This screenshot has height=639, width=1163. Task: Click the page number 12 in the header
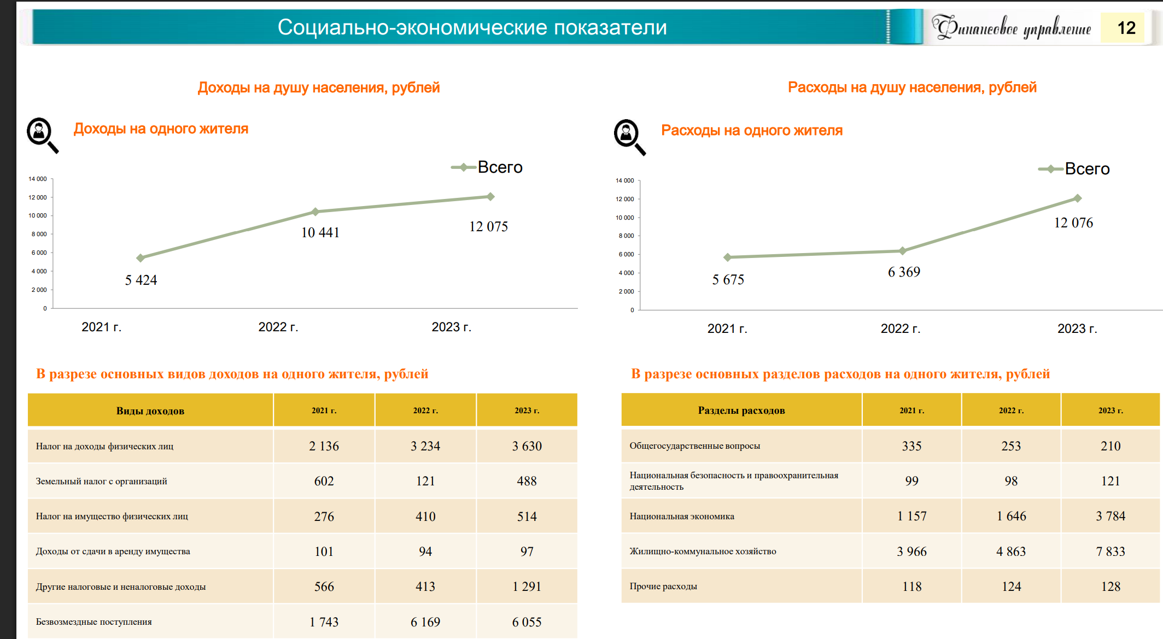click(x=1126, y=28)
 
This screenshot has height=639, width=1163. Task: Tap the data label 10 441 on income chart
click(x=320, y=233)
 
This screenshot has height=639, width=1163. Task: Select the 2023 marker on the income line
click(x=490, y=197)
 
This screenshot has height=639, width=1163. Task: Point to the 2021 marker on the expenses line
click(x=727, y=257)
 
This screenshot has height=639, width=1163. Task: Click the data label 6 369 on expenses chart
click(x=904, y=272)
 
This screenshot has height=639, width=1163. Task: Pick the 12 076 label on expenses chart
click(x=1073, y=223)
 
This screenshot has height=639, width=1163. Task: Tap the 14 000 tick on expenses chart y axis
click(x=624, y=180)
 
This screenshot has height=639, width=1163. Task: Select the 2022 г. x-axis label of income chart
click(x=278, y=327)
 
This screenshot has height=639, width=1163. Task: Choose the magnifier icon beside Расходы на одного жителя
click(x=629, y=137)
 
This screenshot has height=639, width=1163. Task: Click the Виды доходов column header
click(x=150, y=411)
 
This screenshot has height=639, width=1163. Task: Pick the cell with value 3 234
click(x=425, y=446)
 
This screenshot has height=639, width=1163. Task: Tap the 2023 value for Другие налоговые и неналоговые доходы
click(x=527, y=587)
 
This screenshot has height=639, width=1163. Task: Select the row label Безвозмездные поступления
click(x=94, y=622)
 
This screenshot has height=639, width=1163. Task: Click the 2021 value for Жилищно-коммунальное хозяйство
click(x=911, y=552)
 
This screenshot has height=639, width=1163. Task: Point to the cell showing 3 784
click(x=1110, y=516)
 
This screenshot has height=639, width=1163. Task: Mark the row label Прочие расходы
click(x=663, y=586)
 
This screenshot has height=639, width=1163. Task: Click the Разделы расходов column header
click(x=741, y=410)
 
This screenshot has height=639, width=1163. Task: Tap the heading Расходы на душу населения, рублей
click(x=911, y=87)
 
